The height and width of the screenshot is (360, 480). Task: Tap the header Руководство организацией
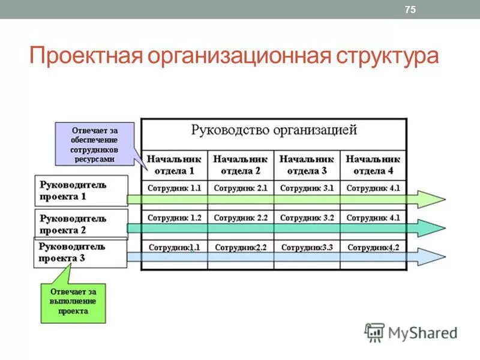click(274, 130)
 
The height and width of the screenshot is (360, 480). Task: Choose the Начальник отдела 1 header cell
click(175, 164)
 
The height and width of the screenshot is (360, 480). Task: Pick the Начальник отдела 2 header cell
click(241, 164)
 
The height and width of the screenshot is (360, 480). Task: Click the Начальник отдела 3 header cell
click(307, 164)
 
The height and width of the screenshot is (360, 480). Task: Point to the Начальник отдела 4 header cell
click(373, 164)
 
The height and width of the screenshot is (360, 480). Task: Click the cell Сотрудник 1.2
click(175, 218)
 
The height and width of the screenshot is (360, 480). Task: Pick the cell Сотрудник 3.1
click(307, 188)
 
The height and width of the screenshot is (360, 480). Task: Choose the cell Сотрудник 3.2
click(307, 218)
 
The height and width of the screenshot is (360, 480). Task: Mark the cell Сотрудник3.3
click(307, 247)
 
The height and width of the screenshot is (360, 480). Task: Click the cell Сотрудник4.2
click(373, 247)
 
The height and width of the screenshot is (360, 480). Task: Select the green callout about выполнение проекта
click(73, 302)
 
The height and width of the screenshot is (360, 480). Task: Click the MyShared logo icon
click(374, 332)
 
